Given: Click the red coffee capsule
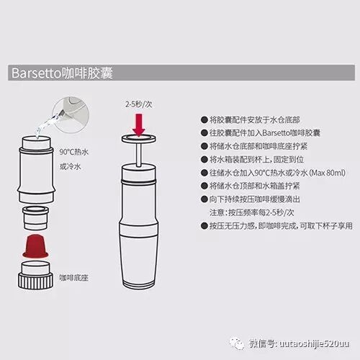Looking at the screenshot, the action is [35, 246].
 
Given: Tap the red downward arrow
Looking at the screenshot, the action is [139, 125].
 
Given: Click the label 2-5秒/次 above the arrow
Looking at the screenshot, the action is [139, 104].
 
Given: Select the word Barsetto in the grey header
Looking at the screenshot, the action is [37, 73].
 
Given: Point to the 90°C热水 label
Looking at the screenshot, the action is [74, 152].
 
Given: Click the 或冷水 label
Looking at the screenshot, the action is [71, 166].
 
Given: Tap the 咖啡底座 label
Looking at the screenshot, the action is [74, 278].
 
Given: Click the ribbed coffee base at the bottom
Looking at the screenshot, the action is [35, 275].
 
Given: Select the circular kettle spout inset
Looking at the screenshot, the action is [71, 114].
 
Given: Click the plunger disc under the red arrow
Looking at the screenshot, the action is [139, 139].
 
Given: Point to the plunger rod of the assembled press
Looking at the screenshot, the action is [138, 154].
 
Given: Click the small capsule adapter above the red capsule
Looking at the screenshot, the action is [35, 218].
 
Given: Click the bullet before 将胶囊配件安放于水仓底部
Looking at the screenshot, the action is [204, 120].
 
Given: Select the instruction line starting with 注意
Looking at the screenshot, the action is [251, 212].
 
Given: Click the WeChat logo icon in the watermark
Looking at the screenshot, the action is [237, 343].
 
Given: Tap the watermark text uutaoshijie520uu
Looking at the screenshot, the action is [315, 343].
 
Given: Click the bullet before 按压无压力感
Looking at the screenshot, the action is [204, 226].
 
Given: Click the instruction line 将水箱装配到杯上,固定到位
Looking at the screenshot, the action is [257, 160].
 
